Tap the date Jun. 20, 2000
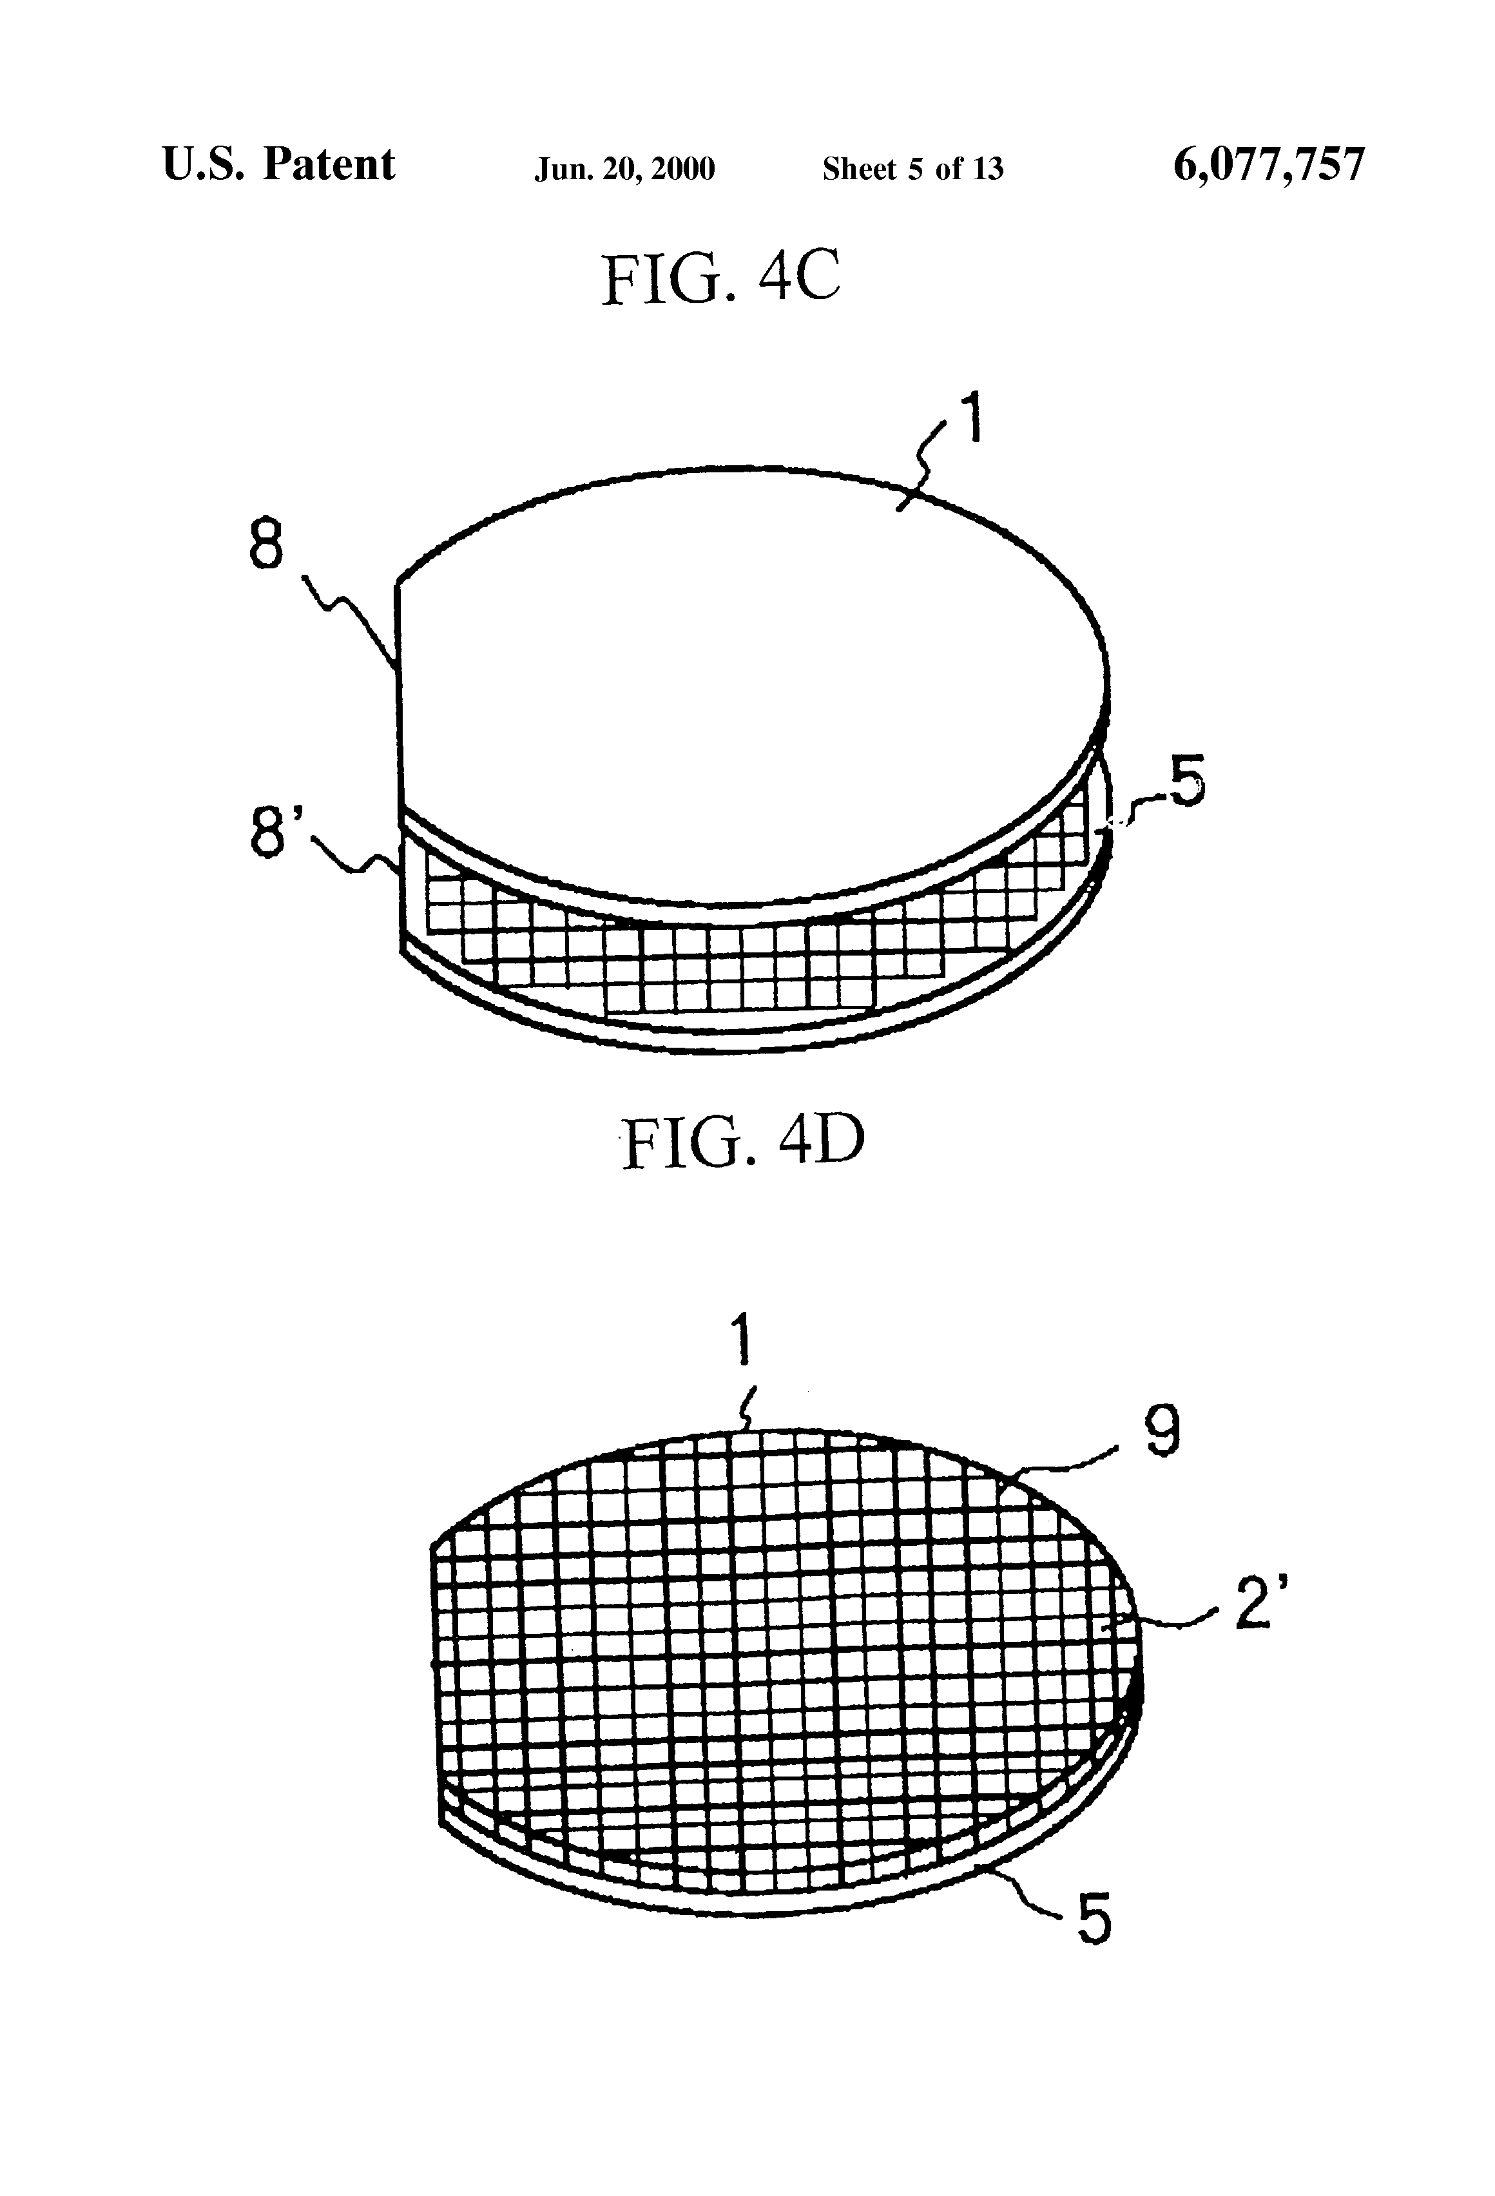(624, 169)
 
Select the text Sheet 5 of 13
(912, 169)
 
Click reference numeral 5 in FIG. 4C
(1186, 782)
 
